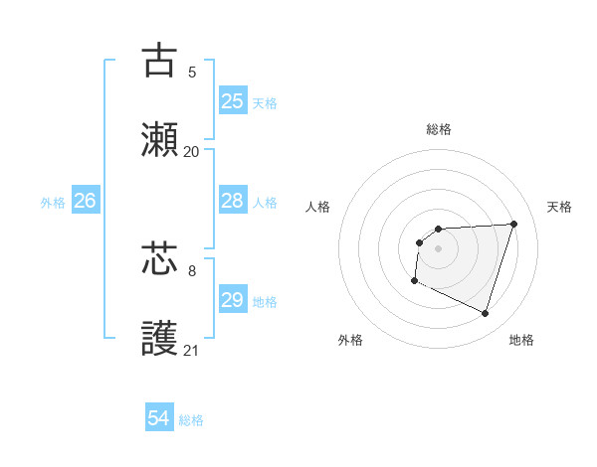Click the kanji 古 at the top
pos(159,60)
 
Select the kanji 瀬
pos(159,140)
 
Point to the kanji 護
pos(159,339)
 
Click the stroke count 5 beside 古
pos(192,72)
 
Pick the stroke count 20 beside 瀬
pos(192,152)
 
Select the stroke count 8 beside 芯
pos(192,269)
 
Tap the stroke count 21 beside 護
pos(192,351)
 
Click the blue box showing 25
pos(232,101)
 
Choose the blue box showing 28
pos(232,201)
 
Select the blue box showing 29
pos(232,300)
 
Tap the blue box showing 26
pos(85,201)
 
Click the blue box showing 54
pos(158,419)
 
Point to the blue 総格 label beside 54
pos(191,420)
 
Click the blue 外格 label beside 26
pos(53,202)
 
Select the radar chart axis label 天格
pos(559,207)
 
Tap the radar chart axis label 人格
pos(317,207)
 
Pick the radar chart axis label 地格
pos(521,340)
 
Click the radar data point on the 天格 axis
pos(513,224)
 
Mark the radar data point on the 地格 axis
pos(485,314)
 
